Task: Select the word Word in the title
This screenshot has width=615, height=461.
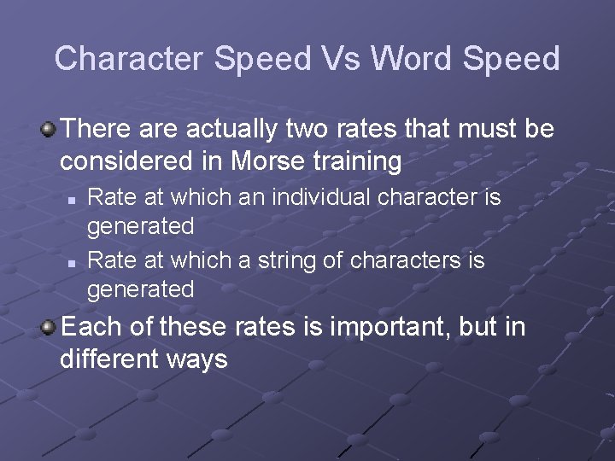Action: point(412,59)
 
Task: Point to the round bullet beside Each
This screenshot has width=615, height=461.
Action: point(50,328)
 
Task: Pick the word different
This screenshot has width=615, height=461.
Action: point(107,358)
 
